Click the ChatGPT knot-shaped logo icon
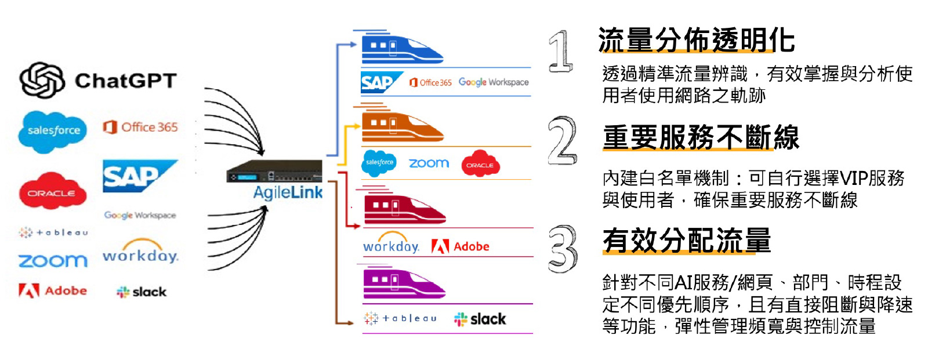(x=42, y=80)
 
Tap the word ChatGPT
(x=125, y=81)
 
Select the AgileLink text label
(x=288, y=192)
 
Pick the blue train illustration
(x=401, y=50)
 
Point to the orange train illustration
(x=402, y=127)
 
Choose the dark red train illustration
(x=404, y=209)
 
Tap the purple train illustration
(x=404, y=284)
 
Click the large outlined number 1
(x=560, y=52)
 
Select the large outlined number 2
(x=562, y=140)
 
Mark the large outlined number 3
(x=563, y=249)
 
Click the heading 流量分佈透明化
(x=696, y=41)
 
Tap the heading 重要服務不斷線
(x=701, y=138)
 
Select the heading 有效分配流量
(x=687, y=241)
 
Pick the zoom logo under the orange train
(x=429, y=163)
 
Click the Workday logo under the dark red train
(x=391, y=246)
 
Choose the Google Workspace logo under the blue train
(x=494, y=82)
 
